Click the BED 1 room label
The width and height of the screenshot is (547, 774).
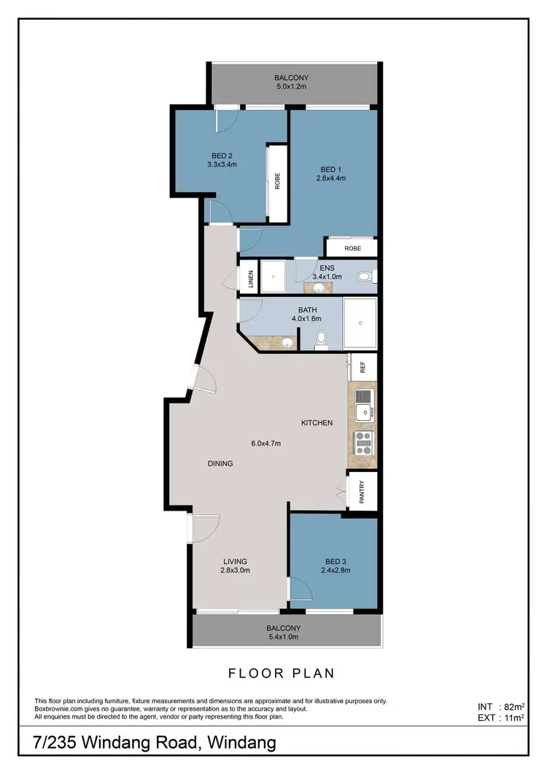coord(330,169)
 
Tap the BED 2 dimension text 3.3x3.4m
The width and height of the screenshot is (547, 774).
coord(222,164)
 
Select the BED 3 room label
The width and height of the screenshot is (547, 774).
coord(335,561)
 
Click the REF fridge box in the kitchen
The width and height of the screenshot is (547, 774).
coord(362,366)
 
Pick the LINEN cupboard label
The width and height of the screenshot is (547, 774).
coord(250,279)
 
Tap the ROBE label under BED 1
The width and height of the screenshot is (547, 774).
coord(352,249)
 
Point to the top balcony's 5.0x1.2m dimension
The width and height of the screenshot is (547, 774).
coord(292,86)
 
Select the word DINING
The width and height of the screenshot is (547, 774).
coord(220,463)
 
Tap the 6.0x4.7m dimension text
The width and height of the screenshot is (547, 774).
coord(266,444)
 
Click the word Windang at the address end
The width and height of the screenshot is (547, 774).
coord(242,743)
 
